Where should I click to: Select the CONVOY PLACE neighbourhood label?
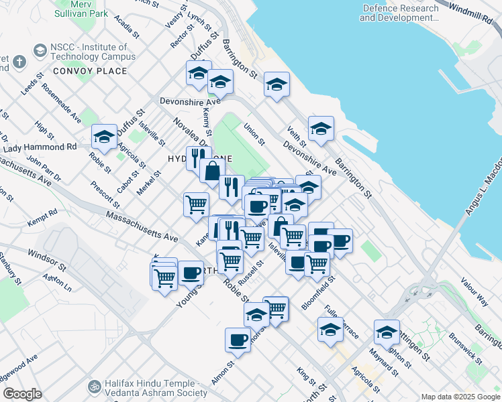point(90,70)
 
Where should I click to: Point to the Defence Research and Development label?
point(399,13)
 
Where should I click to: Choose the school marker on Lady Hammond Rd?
point(104,139)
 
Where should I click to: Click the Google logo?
point(22,394)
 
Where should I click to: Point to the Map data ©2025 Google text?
point(460,397)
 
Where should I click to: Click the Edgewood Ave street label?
point(23,371)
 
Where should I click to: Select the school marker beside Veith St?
point(321,130)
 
